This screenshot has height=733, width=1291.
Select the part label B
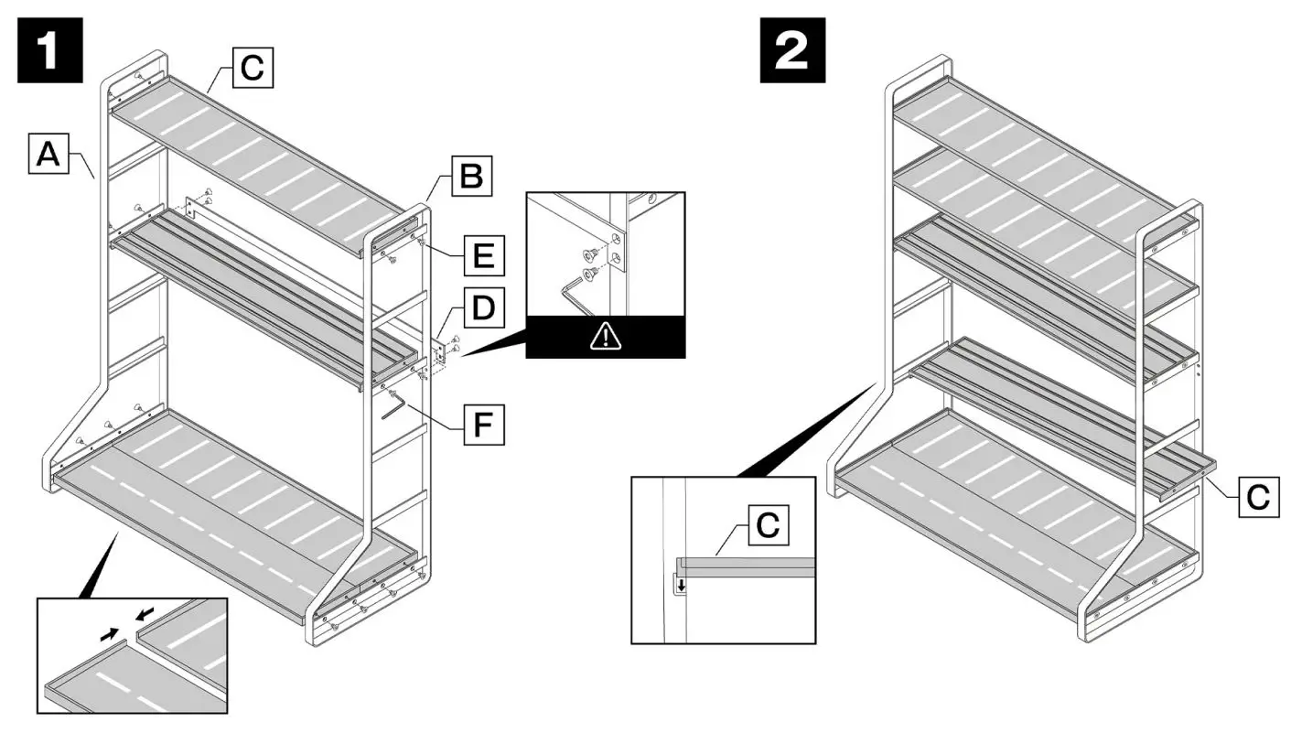[471, 177]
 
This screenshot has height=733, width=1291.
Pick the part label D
[482, 312]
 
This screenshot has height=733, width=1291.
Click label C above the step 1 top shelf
[253, 69]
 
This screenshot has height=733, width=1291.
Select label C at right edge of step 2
[1261, 498]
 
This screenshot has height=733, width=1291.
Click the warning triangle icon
[605, 338]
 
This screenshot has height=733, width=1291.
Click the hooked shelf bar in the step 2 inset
[746, 566]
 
